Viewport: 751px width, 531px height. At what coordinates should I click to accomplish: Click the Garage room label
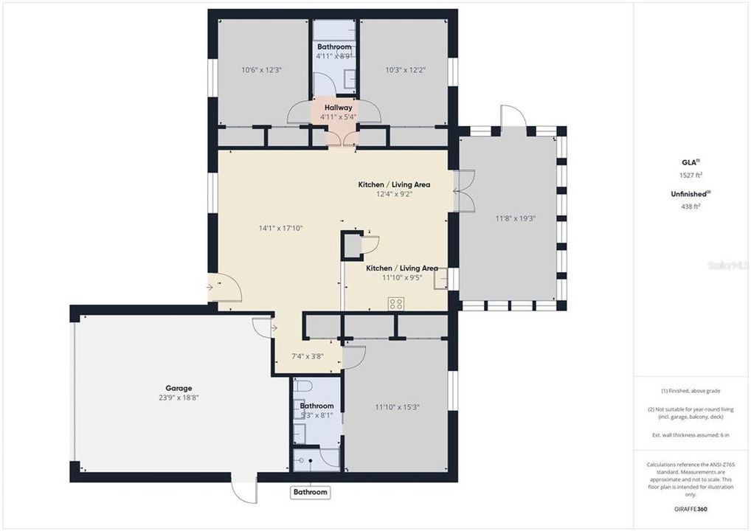point(179,388)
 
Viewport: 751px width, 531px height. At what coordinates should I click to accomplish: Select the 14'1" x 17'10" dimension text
point(281,228)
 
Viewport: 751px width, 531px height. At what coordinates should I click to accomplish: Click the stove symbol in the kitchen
point(396,303)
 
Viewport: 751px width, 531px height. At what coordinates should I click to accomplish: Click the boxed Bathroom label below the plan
point(310,492)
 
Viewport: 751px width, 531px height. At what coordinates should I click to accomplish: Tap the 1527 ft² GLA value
point(691,175)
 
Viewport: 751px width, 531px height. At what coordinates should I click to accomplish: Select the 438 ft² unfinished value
point(691,206)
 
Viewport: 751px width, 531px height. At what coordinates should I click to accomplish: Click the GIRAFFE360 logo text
point(691,508)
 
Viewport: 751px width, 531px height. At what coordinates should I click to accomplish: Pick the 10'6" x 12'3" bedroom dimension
point(262,70)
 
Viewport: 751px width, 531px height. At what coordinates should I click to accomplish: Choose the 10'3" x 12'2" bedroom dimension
point(406,70)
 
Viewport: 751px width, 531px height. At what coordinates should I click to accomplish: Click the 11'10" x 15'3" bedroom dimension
point(395,406)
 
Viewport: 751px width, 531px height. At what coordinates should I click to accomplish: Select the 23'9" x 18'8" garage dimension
point(179,398)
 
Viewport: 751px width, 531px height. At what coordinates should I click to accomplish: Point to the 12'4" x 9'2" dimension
point(394,194)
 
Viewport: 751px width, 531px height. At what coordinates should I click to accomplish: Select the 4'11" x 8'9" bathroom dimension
point(334,56)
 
